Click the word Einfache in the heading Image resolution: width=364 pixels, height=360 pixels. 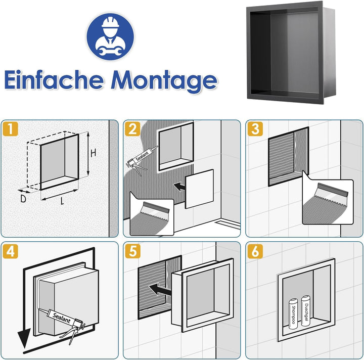click(x=54, y=79)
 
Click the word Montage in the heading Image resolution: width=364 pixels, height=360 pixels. click(x=164, y=81)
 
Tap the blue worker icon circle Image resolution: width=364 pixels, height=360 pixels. click(x=110, y=37)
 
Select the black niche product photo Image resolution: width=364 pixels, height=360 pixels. click(x=291, y=53)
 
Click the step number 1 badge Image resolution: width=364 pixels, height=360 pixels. click(x=11, y=129)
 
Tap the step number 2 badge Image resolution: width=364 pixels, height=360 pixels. click(x=132, y=129)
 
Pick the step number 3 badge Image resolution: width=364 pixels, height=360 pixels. click(x=255, y=129)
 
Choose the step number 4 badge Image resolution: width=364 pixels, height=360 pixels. click(x=11, y=251)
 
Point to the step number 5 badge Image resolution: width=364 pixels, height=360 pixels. click(x=132, y=251)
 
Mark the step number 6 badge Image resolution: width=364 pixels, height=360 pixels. click(x=255, y=251)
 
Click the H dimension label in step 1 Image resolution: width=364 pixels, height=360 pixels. click(x=94, y=153)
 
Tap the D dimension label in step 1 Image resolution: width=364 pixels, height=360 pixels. click(x=23, y=199)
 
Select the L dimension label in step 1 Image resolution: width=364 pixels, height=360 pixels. click(x=62, y=201)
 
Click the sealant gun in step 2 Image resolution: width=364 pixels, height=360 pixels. click(x=142, y=160)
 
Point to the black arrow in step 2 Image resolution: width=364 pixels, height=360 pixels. click(x=179, y=187)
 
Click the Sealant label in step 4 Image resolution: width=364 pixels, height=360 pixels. click(x=62, y=318)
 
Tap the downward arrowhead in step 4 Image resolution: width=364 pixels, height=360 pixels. click(x=24, y=338)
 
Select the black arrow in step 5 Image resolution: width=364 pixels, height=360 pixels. click(x=160, y=290)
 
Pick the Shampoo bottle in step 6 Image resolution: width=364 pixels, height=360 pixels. click(x=293, y=313)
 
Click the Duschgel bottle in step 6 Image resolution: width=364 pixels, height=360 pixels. click(x=306, y=310)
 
